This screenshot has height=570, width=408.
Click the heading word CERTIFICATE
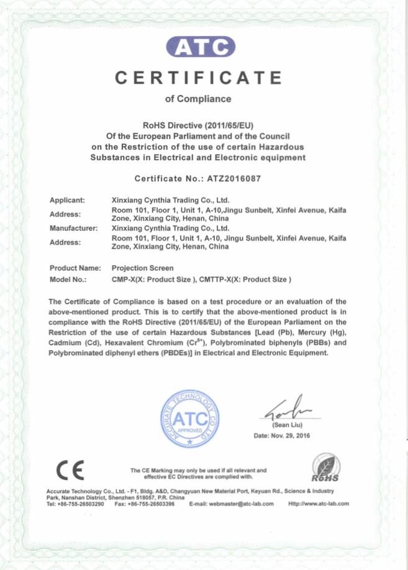(199, 78)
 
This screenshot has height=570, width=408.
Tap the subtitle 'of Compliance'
(198, 99)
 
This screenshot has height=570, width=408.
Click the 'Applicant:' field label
(67, 201)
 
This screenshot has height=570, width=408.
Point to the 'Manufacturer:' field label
(73, 228)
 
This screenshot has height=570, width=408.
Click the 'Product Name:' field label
(75, 268)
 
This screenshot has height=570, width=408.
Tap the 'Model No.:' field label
(68, 279)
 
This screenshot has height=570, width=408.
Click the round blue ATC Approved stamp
(191, 418)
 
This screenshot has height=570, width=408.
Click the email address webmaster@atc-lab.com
(240, 504)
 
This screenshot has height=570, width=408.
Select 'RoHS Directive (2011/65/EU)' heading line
(198, 125)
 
